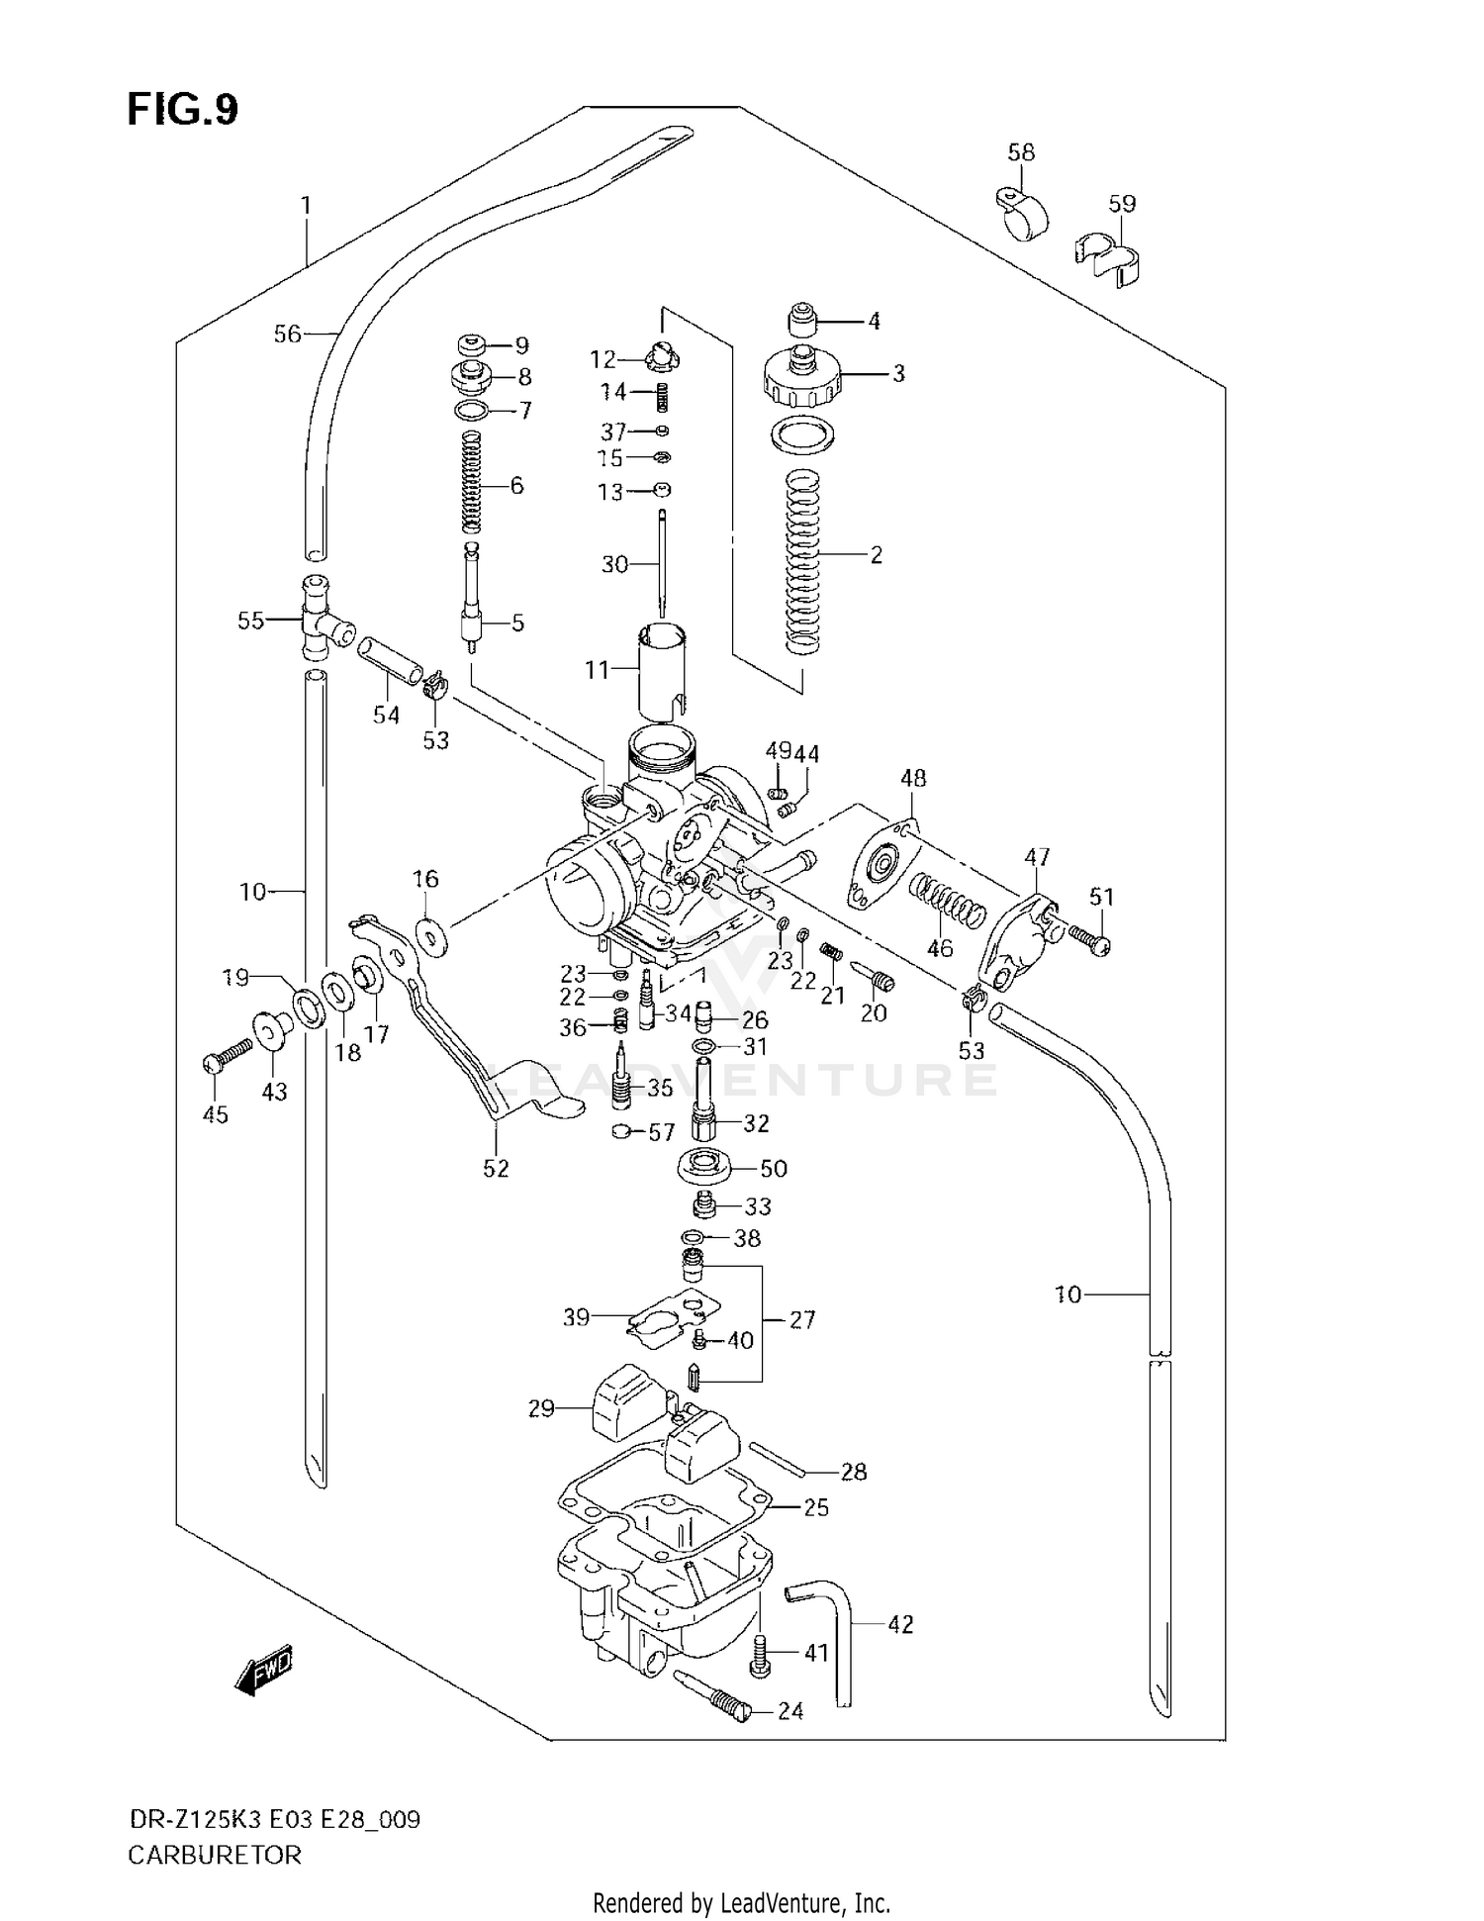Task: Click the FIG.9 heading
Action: pos(183,110)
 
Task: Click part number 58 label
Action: pos(1021,152)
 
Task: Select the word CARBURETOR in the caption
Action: pos(215,1855)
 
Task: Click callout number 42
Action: pos(900,1624)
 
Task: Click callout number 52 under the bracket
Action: pos(496,1169)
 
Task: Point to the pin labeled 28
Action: pos(782,1459)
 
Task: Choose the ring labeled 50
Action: pos(705,1166)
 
